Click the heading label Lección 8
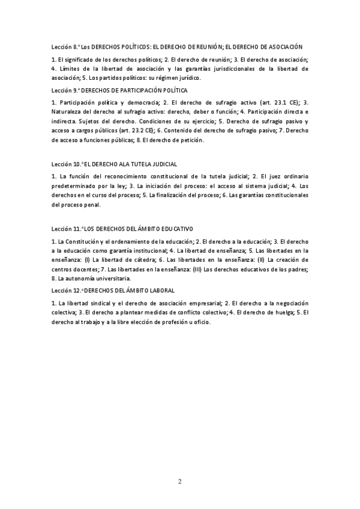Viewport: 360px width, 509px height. (x=65, y=46)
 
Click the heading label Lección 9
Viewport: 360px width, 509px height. (x=65, y=90)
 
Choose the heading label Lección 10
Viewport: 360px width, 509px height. (x=67, y=164)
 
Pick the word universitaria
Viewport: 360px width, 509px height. (x=110, y=279)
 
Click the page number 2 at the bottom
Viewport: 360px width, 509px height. (x=179, y=481)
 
